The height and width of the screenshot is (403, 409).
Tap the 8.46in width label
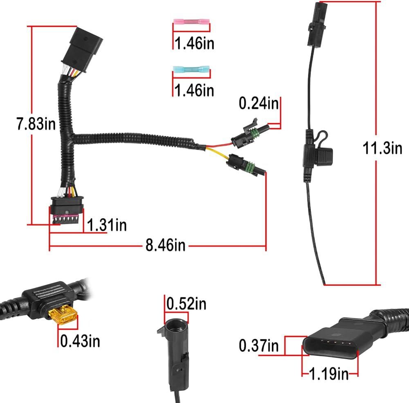(165, 245)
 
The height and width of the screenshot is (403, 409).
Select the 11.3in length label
(383, 148)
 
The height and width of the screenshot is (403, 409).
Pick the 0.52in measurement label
(187, 304)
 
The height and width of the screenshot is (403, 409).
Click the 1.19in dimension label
(329, 373)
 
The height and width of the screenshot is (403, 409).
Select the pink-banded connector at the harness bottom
(65, 208)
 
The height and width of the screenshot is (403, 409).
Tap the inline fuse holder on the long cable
(317, 153)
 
